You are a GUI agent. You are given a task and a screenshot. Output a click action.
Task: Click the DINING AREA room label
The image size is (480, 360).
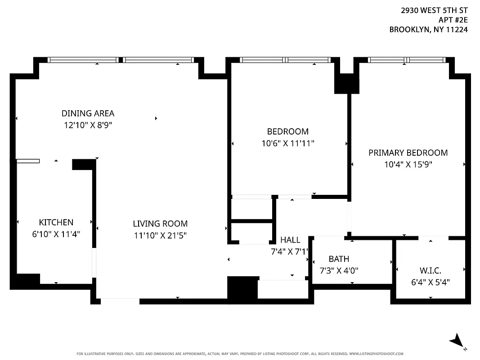coord(88,113)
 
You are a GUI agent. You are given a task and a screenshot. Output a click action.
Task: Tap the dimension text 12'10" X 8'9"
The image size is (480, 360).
coord(88,125)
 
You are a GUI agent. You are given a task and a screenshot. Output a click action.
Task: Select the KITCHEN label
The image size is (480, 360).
coord(56,222)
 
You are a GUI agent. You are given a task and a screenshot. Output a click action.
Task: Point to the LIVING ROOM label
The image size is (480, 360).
coord(160,224)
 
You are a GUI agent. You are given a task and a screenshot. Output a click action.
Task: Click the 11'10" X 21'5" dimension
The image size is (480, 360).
coord(160,235)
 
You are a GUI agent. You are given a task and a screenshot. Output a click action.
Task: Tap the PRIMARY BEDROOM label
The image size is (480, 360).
coord(408,153)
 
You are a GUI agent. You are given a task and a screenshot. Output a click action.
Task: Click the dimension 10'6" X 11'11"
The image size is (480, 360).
coord(288,143)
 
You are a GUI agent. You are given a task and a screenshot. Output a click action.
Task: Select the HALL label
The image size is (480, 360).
coord(290,240)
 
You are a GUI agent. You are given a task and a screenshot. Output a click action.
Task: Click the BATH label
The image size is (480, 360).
coord(339,259)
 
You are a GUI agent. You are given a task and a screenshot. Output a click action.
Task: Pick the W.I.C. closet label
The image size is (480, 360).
coord(431,271)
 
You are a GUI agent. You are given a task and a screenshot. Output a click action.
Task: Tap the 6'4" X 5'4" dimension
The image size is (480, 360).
coord(431,282)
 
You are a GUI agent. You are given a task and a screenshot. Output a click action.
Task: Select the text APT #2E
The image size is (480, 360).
coord(453,20)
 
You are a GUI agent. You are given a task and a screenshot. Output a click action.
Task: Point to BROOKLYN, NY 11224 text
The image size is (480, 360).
coord(428,30)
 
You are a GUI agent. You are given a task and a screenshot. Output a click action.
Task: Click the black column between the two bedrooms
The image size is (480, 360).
coord(346,84)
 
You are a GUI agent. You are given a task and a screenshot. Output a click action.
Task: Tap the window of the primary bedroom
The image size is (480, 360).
coord(407,60)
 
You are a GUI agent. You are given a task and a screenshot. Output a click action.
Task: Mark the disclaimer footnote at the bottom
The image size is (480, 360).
coord(240,354)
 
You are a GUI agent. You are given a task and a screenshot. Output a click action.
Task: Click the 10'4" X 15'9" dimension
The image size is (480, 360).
coord(408,165)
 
